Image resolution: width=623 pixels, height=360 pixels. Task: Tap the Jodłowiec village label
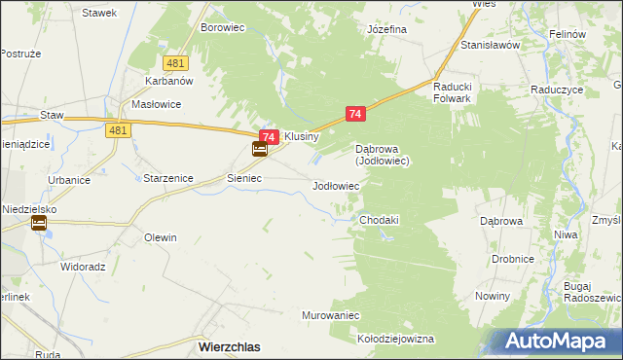(336, 185)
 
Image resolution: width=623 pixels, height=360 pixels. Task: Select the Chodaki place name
(380, 221)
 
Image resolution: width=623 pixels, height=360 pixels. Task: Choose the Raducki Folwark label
(453, 91)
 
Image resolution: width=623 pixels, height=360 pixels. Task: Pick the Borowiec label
(222, 28)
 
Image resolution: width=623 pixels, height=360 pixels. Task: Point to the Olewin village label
(161, 237)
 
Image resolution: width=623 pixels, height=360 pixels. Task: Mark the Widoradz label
(83, 266)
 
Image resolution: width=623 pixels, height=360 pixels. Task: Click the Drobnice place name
(512, 259)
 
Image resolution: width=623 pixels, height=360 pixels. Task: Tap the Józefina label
(386, 29)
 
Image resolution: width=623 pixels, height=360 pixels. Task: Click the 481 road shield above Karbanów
(175, 62)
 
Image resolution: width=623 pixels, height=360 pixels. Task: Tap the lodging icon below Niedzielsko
(39, 224)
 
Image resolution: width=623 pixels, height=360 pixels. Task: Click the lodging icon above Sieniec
(260, 150)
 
